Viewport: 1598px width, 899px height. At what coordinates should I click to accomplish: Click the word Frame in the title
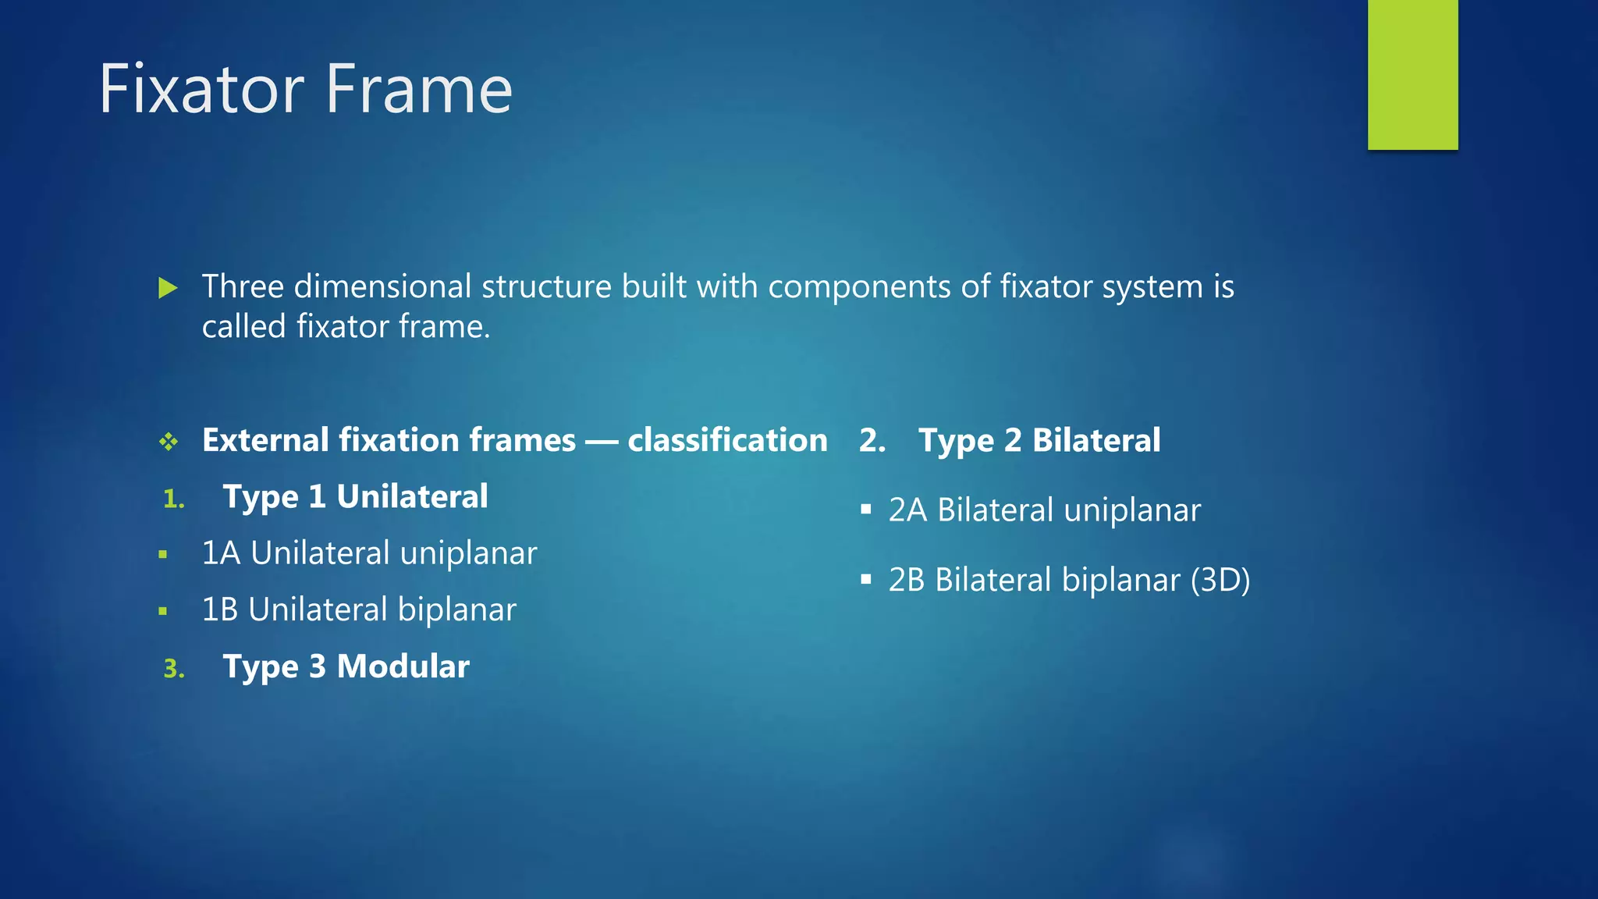(x=419, y=90)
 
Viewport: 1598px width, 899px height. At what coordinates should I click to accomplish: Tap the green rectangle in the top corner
(x=1412, y=74)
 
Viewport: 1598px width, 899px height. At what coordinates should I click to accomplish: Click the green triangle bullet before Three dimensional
(x=168, y=288)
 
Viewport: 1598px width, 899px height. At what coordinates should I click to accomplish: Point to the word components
(x=859, y=288)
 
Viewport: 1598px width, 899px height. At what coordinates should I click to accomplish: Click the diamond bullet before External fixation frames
(x=169, y=442)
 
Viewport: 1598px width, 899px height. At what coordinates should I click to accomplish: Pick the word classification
(x=727, y=440)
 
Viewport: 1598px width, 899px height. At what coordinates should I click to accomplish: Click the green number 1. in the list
(x=174, y=499)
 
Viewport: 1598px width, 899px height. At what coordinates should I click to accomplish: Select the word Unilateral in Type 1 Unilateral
(x=412, y=497)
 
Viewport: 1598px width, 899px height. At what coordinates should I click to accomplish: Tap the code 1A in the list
(x=221, y=553)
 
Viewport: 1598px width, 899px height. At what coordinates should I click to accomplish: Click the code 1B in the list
(x=220, y=609)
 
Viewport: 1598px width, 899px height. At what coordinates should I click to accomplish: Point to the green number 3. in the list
(x=174, y=669)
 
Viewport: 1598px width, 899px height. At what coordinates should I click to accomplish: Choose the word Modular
(x=403, y=666)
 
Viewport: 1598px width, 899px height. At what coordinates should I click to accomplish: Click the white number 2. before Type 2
(x=872, y=441)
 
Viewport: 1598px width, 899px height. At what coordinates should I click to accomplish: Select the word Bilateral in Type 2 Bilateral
(x=1096, y=441)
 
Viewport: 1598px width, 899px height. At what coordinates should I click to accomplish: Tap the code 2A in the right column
(x=907, y=510)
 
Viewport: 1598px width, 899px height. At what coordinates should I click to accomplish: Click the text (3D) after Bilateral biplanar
(x=1220, y=580)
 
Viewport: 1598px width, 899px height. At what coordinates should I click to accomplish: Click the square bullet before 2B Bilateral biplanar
(x=865, y=580)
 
